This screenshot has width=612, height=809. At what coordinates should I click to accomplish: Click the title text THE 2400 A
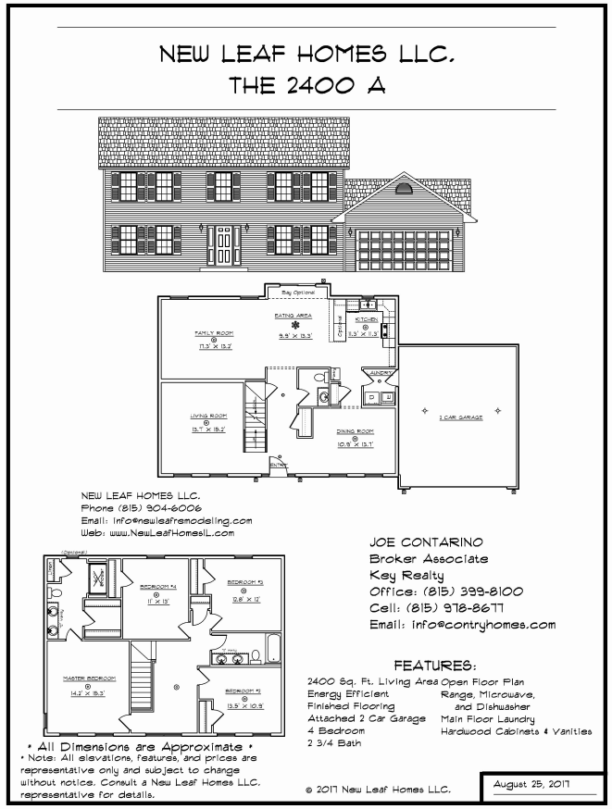[x=306, y=86]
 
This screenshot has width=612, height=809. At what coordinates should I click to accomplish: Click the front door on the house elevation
[x=223, y=244]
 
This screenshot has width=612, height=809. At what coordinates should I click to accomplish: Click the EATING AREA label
[x=294, y=316]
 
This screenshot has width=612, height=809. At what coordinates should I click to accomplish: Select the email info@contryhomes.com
[x=462, y=625]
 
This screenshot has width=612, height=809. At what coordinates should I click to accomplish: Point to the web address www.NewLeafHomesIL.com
[x=157, y=533]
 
